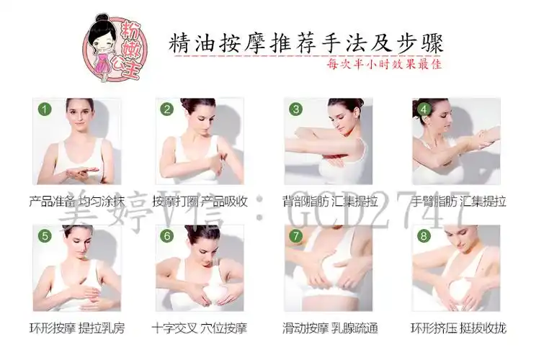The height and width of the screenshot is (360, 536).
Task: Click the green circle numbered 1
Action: (x=45, y=110)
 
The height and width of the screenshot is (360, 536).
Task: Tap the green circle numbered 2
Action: (x=167, y=110)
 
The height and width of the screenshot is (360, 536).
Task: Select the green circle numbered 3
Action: (x=295, y=110)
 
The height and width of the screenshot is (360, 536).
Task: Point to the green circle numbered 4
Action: (x=424, y=110)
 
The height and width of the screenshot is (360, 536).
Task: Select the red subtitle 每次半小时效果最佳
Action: (x=383, y=63)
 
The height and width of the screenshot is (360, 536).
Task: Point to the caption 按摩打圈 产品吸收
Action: (x=200, y=202)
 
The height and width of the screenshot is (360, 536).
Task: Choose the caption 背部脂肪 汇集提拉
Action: (x=330, y=202)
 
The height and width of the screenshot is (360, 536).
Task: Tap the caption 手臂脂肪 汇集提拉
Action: (x=458, y=202)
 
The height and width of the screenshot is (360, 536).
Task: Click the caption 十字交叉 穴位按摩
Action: (x=200, y=328)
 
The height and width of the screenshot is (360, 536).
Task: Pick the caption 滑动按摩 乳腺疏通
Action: (x=330, y=328)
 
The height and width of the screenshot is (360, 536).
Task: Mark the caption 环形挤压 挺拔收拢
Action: (x=458, y=328)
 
